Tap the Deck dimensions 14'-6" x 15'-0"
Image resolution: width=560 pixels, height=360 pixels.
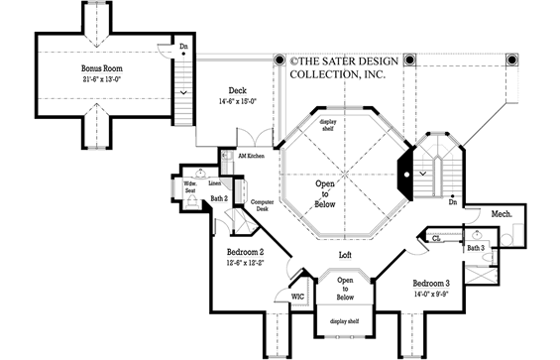[238, 98]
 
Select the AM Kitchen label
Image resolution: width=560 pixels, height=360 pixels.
[247, 157]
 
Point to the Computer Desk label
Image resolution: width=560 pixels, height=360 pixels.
[262, 203]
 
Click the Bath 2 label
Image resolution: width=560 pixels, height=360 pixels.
[220, 199]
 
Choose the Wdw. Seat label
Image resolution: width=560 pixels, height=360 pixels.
[190, 185]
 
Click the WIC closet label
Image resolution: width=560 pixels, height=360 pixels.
[297, 295]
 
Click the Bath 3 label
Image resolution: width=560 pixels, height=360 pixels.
[476, 247]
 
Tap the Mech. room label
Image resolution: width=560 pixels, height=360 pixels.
[502, 213]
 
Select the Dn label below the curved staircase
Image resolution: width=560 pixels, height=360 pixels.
[451, 204]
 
